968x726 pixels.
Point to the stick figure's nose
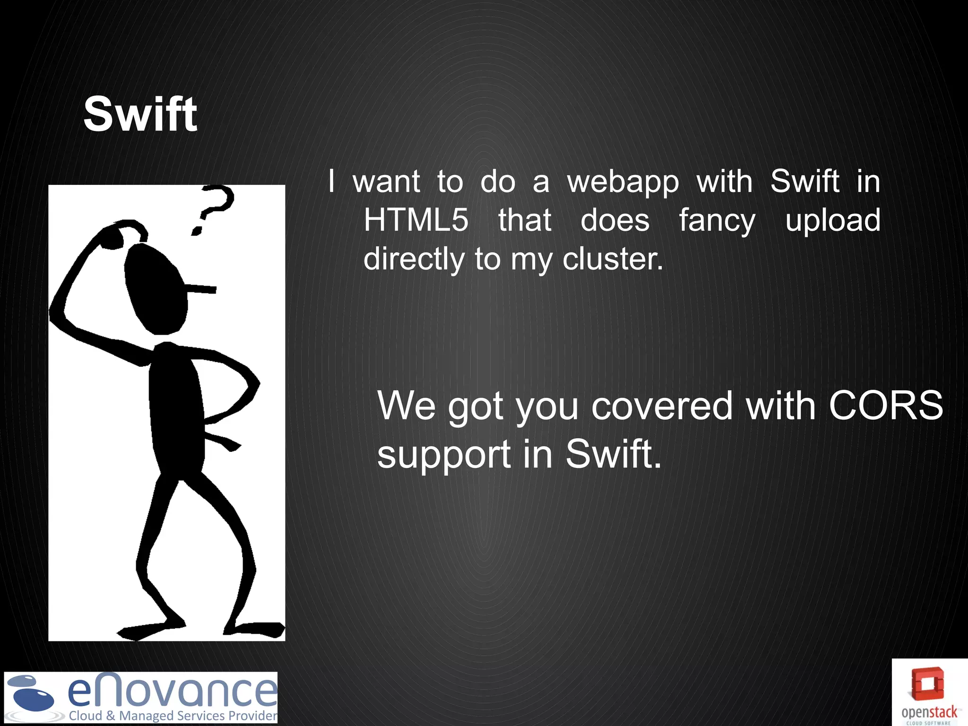201,288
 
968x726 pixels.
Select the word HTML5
416,220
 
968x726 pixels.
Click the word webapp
623,182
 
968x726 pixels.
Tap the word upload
833,220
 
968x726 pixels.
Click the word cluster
613,259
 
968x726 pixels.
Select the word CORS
886,406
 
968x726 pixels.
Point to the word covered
662,406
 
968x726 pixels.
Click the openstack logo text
929,712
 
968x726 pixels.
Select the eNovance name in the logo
172,691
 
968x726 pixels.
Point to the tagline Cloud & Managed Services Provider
173,716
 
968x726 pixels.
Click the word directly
414,259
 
